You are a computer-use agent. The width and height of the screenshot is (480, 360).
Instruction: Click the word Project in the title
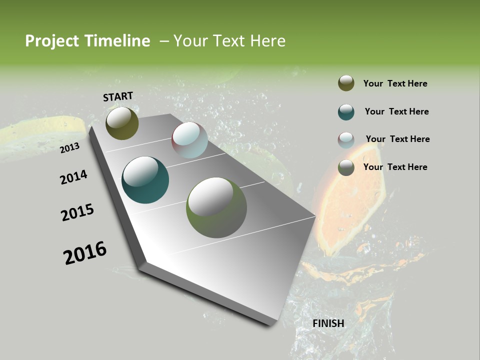click(x=52, y=41)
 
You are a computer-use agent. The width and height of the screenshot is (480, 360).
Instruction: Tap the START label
click(x=118, y=96)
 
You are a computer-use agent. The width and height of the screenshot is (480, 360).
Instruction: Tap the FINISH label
click(x=328, y=323)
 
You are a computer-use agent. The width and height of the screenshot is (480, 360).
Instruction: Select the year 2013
click(x=69, y=148)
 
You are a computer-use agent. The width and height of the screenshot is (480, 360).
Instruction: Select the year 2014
click(x=73, y=177)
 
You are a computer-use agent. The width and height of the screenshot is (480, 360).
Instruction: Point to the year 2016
click(x=85, y=253)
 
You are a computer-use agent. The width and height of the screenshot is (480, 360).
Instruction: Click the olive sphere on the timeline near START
click(x=122, y=123)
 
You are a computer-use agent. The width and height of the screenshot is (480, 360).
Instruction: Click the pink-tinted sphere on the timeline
click(x=189, y=140)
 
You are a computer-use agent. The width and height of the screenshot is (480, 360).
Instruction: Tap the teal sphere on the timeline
click(x=145, y=180)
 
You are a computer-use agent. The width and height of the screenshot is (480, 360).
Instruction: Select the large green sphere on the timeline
click(x=216, y=207)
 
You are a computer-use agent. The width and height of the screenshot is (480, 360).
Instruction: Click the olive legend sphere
click(x=346, y=83)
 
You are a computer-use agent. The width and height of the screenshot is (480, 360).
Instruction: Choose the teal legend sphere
click(x=346, y=112)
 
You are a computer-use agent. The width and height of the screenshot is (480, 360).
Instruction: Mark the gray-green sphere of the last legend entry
click(x=346, y=167)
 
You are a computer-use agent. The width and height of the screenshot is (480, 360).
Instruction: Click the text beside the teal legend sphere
click(x=396, y=111)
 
